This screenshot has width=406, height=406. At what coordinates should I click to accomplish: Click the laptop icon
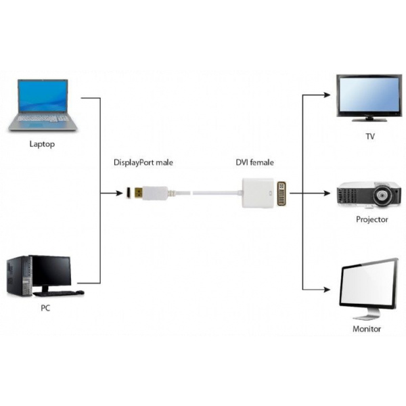pos(43,105)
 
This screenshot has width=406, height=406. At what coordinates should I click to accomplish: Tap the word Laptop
pos(42,144)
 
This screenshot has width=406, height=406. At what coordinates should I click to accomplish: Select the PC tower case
pos(18,276)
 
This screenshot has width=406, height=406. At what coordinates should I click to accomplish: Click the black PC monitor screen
pos(49,271)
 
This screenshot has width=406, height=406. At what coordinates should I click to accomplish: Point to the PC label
pos(44,308)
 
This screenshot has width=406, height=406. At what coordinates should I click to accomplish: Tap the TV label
pos(370,137)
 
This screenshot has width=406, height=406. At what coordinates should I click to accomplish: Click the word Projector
pos(371,219)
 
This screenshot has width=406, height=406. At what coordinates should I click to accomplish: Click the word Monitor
pos(367,329)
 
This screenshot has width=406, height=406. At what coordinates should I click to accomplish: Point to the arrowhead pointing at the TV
pos(332,95)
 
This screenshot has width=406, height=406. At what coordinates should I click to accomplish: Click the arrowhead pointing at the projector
pos(332,194)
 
